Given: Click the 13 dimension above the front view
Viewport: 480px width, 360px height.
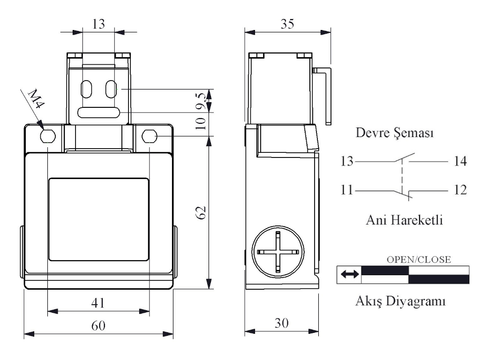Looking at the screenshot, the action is (98, 24).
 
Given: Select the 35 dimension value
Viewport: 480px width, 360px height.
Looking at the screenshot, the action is (287, 24).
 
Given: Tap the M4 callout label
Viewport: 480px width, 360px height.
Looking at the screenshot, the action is (36, 98).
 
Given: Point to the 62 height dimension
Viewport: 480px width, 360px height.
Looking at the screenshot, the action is (201, 212).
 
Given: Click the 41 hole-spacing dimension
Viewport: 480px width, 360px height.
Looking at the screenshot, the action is (98, 303).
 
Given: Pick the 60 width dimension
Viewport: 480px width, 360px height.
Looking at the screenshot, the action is (98, 325).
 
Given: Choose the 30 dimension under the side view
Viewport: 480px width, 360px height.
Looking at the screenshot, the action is (281, 323).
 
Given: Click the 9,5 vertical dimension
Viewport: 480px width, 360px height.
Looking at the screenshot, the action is (202, 101).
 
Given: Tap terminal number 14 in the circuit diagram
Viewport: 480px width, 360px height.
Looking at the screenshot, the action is (460, 161).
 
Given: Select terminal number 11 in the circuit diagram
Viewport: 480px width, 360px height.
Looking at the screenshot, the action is (347, 190).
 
